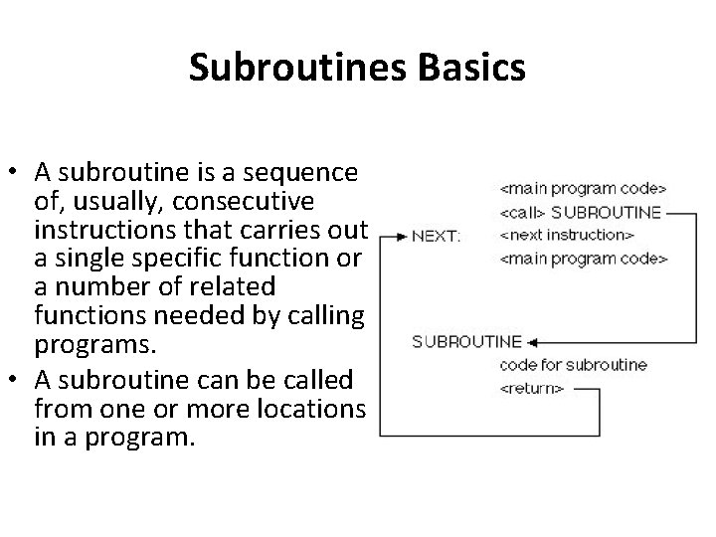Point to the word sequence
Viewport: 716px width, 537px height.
(310, 173)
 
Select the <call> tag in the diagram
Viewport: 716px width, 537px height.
(522, 212)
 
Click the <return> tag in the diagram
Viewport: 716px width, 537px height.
(531, 388)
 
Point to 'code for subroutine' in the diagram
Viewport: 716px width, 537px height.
(573, 365)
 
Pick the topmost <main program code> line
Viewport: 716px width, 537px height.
(583, 187)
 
